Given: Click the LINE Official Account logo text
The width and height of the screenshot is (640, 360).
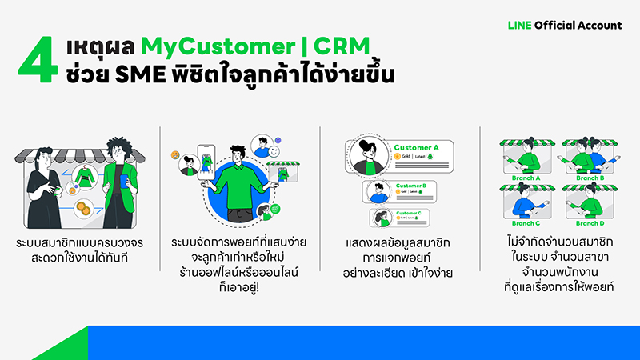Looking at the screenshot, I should point(564,25).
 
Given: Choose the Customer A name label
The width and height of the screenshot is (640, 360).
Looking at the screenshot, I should point(418,148).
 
